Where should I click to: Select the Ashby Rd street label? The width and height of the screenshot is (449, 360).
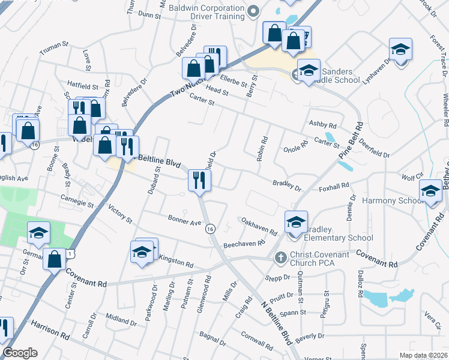coord(322,124)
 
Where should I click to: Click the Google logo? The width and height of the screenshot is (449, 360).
coord(20,353)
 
